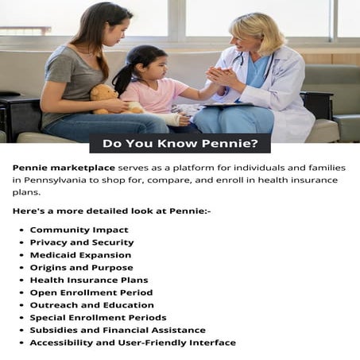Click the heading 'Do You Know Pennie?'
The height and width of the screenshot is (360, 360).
coord(180,145)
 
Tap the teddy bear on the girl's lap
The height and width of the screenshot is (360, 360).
coord(105,98)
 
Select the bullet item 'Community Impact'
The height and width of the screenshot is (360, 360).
coord(79,230)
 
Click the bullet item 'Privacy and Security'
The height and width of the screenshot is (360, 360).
coord(82,242)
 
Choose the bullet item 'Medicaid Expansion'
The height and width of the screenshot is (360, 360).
coord(80,255)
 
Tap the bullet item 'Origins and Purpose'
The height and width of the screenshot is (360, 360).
coord(81,268)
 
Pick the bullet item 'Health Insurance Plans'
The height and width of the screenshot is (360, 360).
coord(89,281)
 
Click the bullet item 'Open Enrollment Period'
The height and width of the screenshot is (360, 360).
coord(91,292)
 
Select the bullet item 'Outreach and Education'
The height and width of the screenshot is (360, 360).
coord(91,305)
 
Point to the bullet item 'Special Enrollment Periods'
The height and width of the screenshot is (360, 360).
coord(99,318)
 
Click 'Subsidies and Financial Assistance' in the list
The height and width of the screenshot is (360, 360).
coord(118,330)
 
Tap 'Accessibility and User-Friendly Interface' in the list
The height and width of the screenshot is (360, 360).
coord(133,343)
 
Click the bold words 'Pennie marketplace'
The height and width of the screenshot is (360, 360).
coord(64,168)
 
